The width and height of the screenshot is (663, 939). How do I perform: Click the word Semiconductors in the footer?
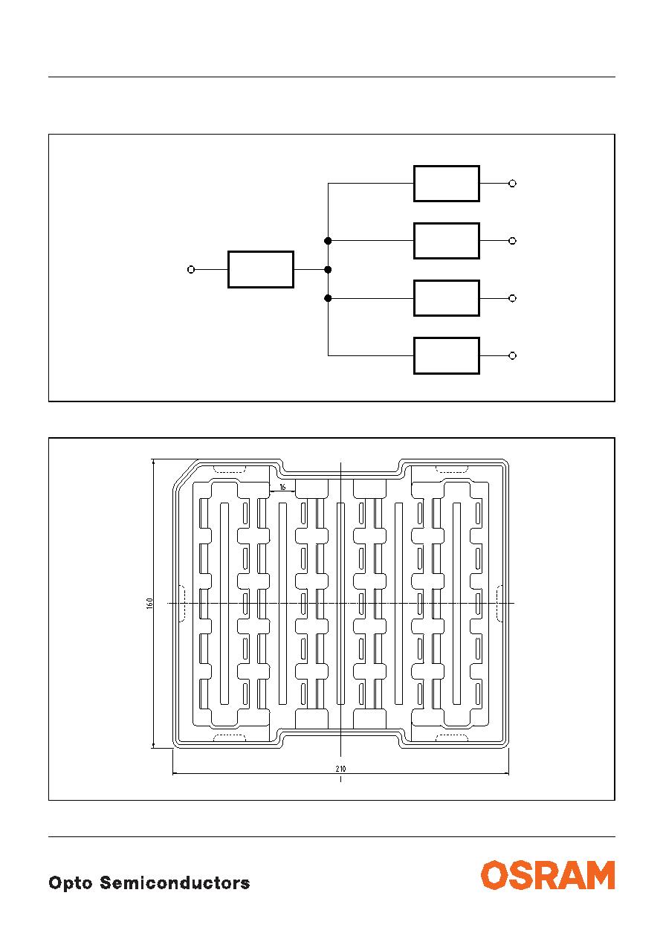175,882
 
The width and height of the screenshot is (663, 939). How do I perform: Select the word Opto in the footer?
71,884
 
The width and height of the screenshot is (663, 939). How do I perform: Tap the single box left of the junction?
261,270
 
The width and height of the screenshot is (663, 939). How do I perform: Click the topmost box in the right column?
447,184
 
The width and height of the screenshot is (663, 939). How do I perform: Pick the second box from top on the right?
447,241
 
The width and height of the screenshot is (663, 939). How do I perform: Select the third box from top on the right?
447,298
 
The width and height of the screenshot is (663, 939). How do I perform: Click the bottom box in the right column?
447,356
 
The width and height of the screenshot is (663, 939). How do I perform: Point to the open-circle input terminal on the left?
191,270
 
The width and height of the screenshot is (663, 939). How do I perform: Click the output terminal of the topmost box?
513,184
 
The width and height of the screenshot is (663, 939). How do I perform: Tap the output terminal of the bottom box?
513,356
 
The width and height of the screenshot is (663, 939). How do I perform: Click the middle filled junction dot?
328,270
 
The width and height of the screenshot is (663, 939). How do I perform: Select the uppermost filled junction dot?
328,241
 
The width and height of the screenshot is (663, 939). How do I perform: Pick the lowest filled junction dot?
328,298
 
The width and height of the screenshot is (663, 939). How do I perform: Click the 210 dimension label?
340,769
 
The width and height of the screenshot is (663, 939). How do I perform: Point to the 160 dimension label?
149,604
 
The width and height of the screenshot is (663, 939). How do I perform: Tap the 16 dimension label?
282,487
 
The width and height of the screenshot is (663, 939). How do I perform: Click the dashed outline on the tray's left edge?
182,604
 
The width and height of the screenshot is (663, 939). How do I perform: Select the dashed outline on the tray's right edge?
499,604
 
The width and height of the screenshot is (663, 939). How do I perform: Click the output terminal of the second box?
513,241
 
